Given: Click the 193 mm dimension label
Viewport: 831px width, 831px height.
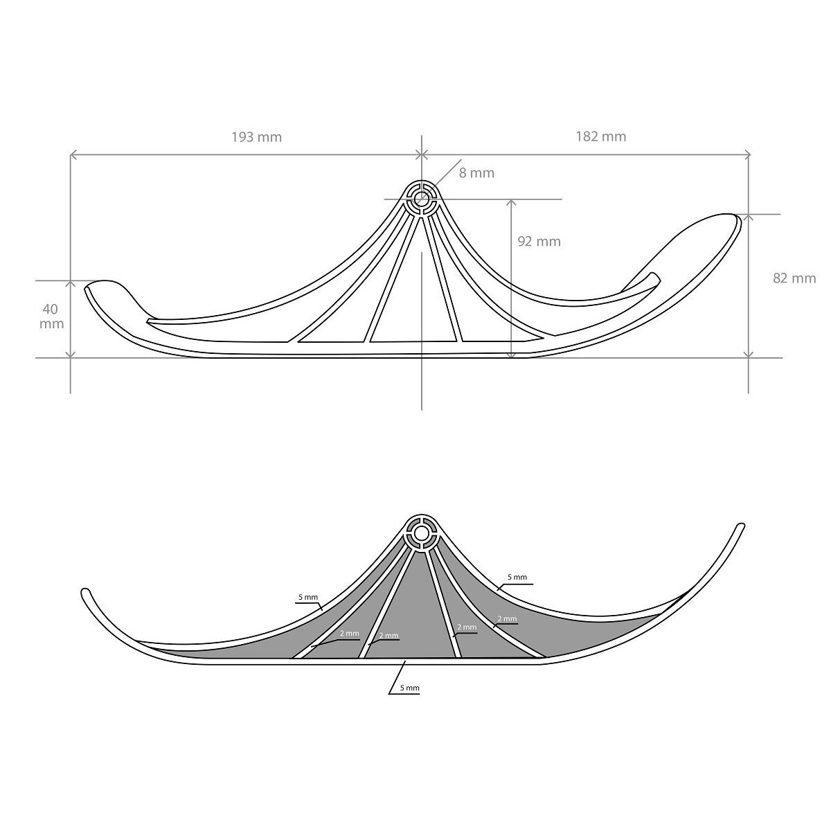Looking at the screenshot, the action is tap(257, 137).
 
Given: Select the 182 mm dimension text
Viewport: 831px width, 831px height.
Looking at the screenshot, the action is tap(600, 136).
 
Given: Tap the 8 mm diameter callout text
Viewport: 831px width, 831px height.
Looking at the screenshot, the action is tap(476, 173).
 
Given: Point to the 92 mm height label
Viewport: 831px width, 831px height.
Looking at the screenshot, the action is tap(539, 242).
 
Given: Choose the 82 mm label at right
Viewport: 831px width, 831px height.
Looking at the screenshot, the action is tap(794, 278).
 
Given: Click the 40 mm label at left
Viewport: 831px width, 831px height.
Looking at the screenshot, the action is tap(51, 316).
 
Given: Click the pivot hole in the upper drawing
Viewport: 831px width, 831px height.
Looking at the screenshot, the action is tap(421, 199).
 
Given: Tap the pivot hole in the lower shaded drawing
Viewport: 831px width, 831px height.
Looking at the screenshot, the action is tap(420, 534).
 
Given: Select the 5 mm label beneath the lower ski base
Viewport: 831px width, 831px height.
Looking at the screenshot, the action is tap(409, 688).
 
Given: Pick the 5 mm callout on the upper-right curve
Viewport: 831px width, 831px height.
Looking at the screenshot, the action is tap(517, 577).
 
